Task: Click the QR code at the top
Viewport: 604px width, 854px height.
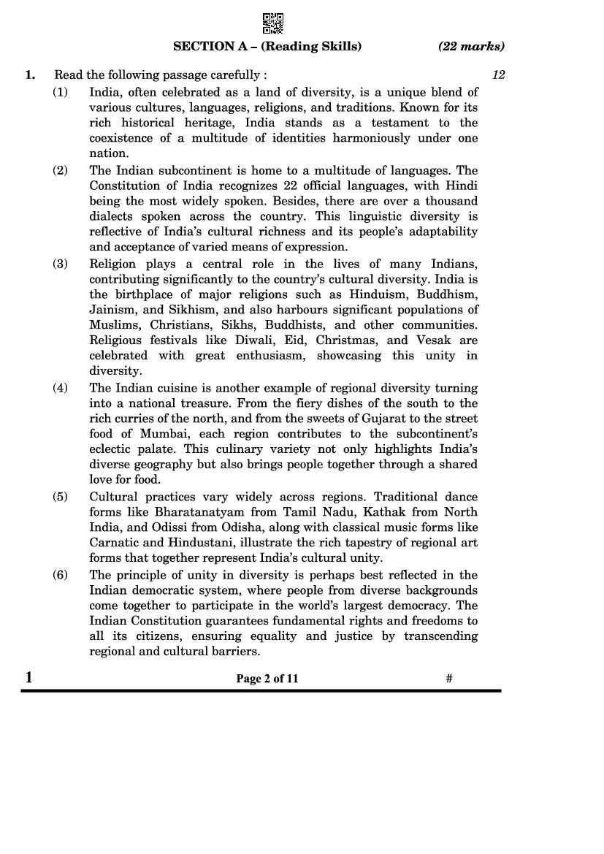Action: tap(272, 23)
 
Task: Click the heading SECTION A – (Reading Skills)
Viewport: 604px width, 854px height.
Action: tap(267, 47)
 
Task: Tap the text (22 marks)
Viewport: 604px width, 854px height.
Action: tap(471, 47)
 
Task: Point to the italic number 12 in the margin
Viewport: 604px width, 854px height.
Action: tap(499, 75)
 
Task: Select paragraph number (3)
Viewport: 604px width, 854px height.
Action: tap(60, 264)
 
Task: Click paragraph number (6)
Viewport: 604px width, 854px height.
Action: tap(60, 575)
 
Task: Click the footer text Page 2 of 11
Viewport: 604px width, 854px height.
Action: tap(267, 679)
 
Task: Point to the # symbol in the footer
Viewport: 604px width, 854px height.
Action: tap(449, 679)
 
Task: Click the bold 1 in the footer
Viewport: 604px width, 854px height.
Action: tap(28, 677)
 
